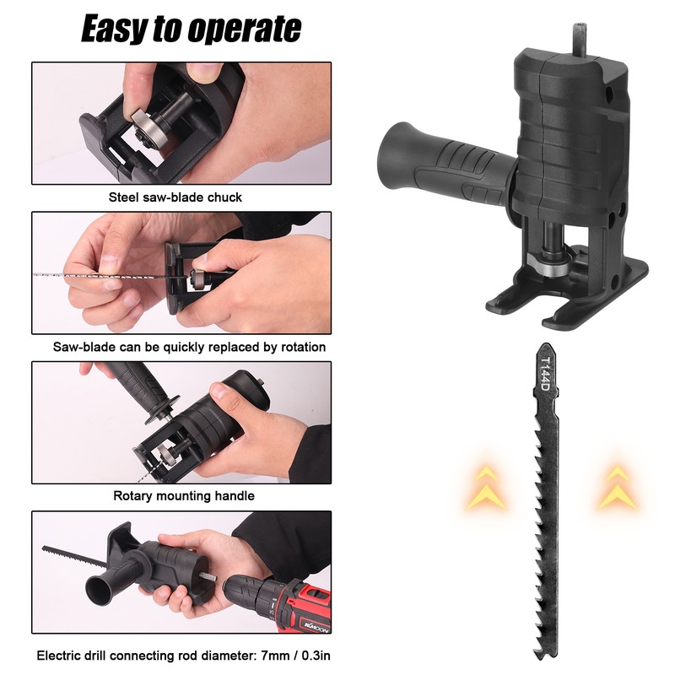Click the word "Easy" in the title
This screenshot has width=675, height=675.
pyautogui.click(x=114, y=30)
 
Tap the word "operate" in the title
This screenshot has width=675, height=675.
pyautogui.click(x=244, y=30)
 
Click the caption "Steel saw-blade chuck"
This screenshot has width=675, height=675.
pyautogui.click(x=175, y=197)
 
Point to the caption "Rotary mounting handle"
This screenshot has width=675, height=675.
pyautogui.click(x=184, y=496)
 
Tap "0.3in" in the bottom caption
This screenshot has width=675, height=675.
pyautogui.click(x=316, y=656)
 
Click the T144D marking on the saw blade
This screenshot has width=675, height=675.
pyautogui.click(x=545, y=374)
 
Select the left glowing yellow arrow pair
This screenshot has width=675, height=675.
pyautogui.click(x=486, y=487)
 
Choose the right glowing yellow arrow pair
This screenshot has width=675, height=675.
pyautogui.click(x=618, y=487)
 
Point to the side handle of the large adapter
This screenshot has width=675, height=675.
pyautogui.click(x=445, y=164)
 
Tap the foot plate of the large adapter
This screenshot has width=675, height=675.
pyautogui.click(x=567, y=297)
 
